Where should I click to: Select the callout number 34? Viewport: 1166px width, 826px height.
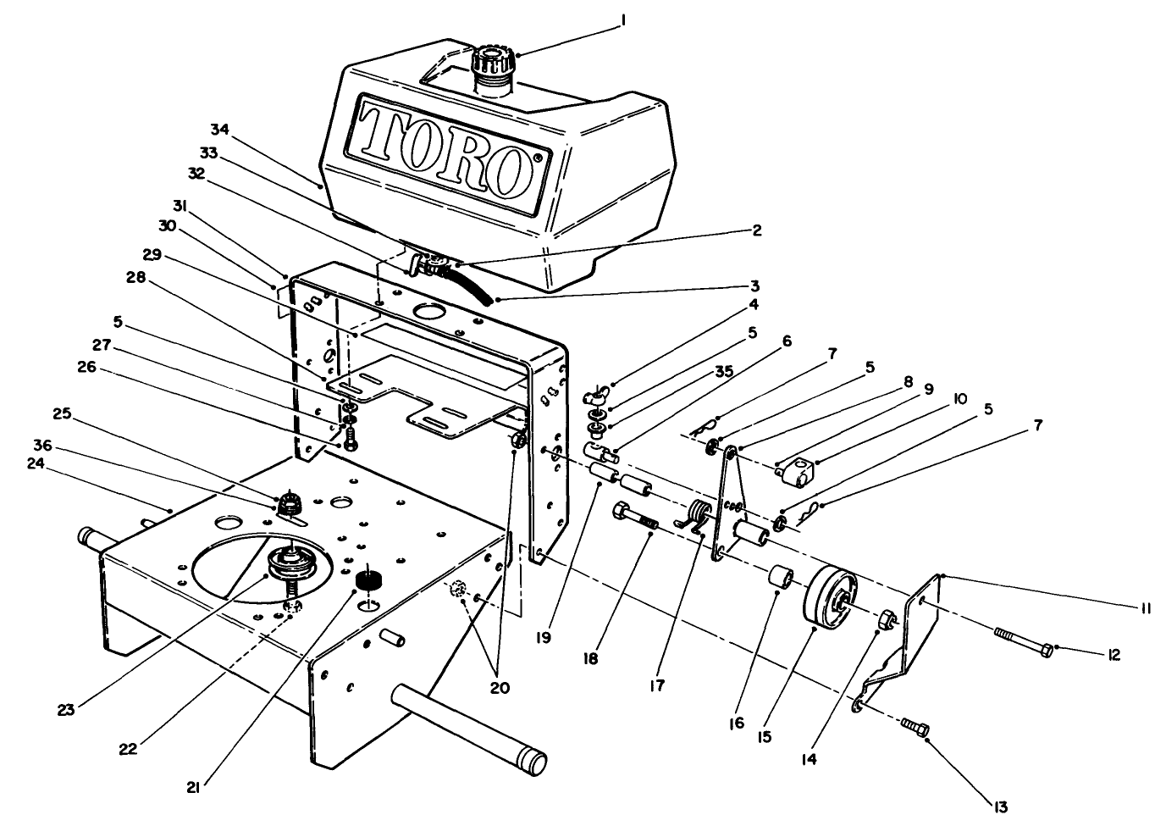[220, 129]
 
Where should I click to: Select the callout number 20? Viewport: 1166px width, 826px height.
[500, 688]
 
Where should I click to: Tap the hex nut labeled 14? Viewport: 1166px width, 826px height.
[884, 619]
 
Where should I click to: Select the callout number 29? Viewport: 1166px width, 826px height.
[152, 254]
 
